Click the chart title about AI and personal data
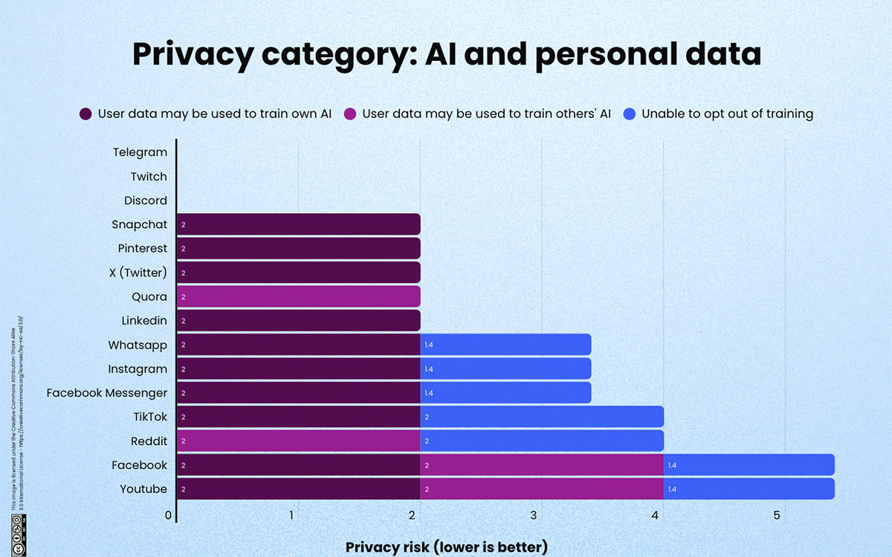point(446,56)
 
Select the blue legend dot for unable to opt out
point(630,114)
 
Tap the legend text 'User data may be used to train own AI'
point(215,114)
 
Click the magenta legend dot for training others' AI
point(349,114)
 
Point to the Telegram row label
point(140,152)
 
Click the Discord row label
point(145,201)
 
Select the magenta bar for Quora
point(298,296)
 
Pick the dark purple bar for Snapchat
point(298,224)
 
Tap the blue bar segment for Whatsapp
point(505,345)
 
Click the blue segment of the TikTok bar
point(542,417)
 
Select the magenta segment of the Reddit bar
point(298,441)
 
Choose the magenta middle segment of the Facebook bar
point(542,465)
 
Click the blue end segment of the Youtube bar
point(749,489)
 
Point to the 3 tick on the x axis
point(534,515)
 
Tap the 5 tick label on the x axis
point(777,515)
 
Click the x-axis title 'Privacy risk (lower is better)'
point(446,547)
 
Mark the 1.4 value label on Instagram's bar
point(429,369)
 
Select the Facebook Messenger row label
point(106,393)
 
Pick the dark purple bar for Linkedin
point(298,321)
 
